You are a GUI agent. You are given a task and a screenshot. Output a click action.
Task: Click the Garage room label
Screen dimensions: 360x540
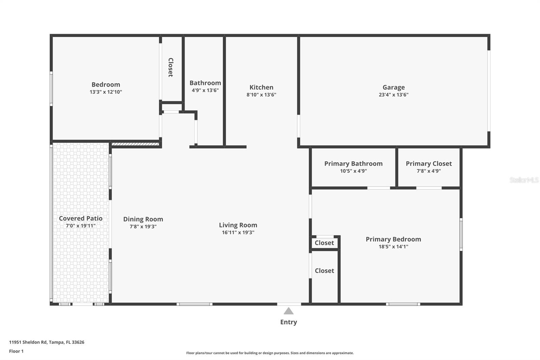tap(393, 87)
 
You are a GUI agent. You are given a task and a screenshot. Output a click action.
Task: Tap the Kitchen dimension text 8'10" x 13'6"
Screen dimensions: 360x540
tap(261, 95)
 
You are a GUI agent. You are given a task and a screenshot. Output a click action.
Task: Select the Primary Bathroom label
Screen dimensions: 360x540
tap(353, 163)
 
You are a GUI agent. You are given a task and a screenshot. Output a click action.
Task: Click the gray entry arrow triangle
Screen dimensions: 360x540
tap(289, 311)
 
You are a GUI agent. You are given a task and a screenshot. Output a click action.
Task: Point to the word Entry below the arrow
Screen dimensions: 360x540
tap(289, 322)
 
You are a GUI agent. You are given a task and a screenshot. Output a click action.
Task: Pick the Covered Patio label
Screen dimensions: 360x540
tap(81, 218)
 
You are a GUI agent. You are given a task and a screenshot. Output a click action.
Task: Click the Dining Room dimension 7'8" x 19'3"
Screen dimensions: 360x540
tap(143, 227)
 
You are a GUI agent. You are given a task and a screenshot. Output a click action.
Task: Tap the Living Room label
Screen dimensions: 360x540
tap(238, 225)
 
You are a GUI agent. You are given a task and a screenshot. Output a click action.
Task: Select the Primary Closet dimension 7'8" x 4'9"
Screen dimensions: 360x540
tap(429, 171)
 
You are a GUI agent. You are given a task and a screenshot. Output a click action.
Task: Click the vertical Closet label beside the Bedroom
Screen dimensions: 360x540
tap(171, 67)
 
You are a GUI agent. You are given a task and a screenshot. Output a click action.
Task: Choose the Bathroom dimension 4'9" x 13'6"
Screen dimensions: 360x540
tap(205, 91)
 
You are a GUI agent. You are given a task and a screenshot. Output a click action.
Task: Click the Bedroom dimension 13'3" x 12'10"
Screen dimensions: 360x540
tap(106, 92)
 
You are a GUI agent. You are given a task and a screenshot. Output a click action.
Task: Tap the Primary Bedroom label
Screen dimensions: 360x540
tap(393, 239)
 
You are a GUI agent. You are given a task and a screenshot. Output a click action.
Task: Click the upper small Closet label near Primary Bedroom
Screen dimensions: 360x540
tap(324, 243)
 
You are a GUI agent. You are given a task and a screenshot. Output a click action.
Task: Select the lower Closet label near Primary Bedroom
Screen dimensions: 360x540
tap(324, 271)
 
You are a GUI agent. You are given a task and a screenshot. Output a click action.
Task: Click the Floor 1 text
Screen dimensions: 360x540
tap(16, 351)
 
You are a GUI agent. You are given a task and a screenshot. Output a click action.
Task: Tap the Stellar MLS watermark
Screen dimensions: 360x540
tap(524, 180)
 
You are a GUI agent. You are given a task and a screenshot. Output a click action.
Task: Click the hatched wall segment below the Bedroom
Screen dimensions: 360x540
tap(135, 144)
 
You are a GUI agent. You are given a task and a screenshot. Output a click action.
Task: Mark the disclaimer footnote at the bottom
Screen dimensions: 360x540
tap(270, 353)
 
